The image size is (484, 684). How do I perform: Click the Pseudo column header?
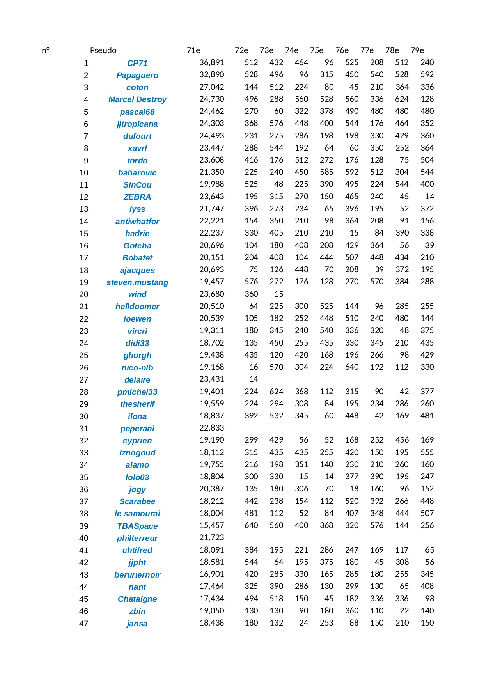coord(103,50)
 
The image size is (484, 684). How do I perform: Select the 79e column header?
coord(417,50)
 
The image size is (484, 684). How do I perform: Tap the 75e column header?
coord(316,50)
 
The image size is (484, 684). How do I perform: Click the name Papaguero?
coord(137,75)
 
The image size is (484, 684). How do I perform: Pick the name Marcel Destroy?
coord(137,99)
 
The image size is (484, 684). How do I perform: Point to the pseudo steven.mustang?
coord(137,282)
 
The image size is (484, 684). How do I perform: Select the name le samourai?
coord(137,514)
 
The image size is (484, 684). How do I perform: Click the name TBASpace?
coord(137,526)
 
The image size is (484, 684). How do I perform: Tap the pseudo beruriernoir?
coord(137,575)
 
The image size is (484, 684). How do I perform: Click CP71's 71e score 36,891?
coord(211,62)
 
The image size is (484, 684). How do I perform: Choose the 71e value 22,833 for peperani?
coord(211,428)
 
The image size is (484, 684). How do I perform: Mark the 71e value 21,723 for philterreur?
coord(211,537)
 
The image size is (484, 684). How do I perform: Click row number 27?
coord(83,380)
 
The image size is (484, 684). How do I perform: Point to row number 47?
coord(83,624)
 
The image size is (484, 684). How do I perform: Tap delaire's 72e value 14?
coord(254,379)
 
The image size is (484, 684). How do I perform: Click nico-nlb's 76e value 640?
coord(351,367)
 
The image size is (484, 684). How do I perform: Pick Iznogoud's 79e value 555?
coord(427,452)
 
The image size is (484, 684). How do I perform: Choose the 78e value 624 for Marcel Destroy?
coord(402,99)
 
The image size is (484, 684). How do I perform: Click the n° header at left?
coord(46,50)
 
